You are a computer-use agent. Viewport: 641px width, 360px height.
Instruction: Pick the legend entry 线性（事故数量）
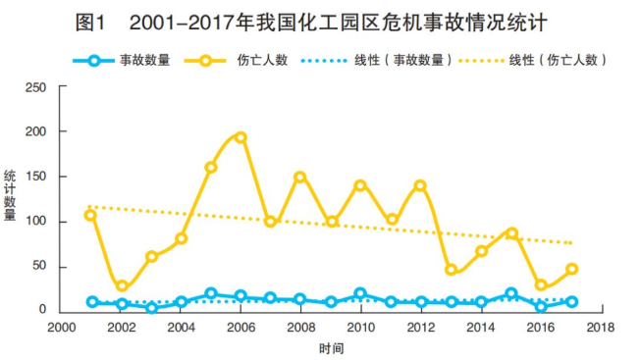point(403,60)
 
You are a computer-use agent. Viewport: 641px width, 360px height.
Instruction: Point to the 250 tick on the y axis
point(36,87)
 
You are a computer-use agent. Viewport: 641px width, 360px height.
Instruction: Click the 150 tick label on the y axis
point(36,177)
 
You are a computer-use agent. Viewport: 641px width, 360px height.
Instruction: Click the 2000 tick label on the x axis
point(61,328)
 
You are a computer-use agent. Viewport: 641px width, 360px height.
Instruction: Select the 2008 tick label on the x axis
point(300,328)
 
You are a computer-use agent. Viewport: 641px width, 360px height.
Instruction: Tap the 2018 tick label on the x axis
point(601,328)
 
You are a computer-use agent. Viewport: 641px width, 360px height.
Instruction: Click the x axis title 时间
point(331,348)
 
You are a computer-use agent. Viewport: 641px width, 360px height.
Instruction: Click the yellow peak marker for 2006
point(240,137)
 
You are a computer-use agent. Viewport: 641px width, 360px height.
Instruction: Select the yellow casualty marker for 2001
point(90,215)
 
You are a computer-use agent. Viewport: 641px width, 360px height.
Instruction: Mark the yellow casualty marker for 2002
point(122,286)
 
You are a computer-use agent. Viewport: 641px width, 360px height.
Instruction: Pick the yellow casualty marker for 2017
point(571,269)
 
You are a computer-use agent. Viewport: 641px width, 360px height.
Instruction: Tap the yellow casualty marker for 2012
point(420,185)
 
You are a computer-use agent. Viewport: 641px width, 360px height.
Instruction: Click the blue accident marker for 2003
point(151,308)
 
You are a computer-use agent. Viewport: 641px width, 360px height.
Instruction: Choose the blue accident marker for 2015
point(510,293)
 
